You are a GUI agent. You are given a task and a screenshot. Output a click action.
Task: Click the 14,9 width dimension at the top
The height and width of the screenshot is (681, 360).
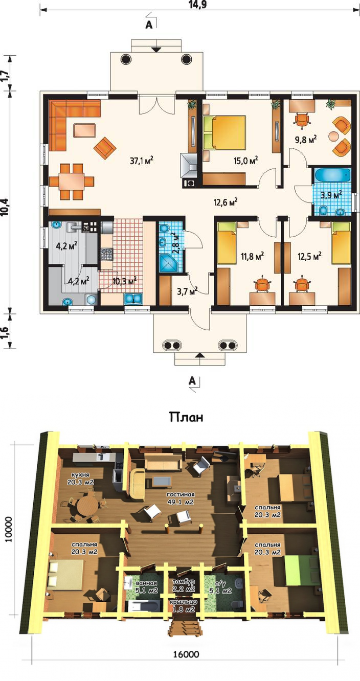pyautogui.click(x=197, y=5)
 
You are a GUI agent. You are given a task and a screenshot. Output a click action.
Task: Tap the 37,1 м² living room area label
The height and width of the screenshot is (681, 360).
pyautogui.click(x=141, y=160)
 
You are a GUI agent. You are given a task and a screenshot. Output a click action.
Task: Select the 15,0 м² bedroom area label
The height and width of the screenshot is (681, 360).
pyautogui.click(x=245, y=160)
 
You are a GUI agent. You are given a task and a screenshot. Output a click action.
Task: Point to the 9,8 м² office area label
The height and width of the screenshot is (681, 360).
pyautogui.click(x=306, y=140)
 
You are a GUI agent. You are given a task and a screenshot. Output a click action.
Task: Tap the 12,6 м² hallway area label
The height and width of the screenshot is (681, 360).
pyautogui.click(x=226, y=202)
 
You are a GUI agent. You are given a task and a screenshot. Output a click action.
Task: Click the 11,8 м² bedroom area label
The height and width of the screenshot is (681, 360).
pyautogui.click(x=252, y=257)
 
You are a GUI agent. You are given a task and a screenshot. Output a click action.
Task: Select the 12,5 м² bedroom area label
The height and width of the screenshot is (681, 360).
pyautogui.click(x=309, y=257)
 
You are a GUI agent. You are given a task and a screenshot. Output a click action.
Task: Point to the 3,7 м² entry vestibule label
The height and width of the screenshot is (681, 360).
pyautogui.click(x=187, y=292)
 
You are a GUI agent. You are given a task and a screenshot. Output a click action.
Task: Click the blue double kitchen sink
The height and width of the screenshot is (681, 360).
pyautogui.click(x=133, y=299)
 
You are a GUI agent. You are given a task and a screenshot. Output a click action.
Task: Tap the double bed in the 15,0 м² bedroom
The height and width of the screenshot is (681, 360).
pyautogui.click(x=225, y=132)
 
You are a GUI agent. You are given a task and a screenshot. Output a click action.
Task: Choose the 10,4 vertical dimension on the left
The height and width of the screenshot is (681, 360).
pyautogui.click(x=5, y=207)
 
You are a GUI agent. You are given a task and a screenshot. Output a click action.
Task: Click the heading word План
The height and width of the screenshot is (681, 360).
pyautogui.click(x=186, y=417)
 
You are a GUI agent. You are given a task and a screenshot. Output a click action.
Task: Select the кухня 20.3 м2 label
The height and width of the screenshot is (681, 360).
pyautogui.click(x=81, y=479)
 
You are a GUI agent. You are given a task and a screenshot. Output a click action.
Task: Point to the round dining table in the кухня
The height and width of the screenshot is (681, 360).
pyautogui.click(x=86, y=507)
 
